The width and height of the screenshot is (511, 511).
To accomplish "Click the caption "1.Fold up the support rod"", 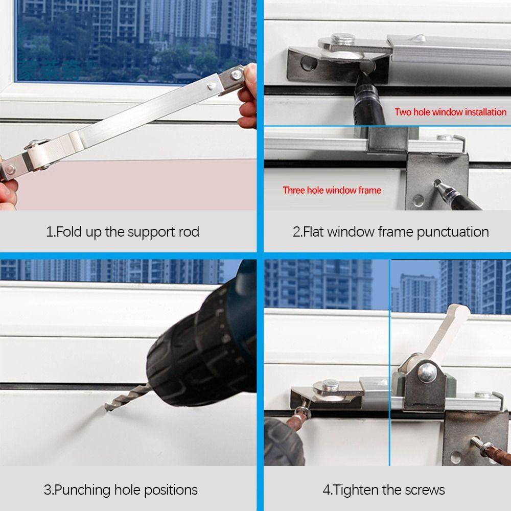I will [123, 231].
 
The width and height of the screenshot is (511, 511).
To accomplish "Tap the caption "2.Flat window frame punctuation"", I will [390, 231].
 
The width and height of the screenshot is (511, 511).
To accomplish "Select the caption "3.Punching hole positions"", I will [121, 490].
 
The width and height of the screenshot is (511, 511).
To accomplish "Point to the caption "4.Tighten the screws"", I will [384, 490].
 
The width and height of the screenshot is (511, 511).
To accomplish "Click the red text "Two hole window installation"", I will [450, 112].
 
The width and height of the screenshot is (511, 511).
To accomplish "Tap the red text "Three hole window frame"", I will [332, 190].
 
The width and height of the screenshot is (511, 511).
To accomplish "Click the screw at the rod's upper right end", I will [235, 76].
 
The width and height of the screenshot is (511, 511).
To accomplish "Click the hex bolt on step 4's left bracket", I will [330, 384].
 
